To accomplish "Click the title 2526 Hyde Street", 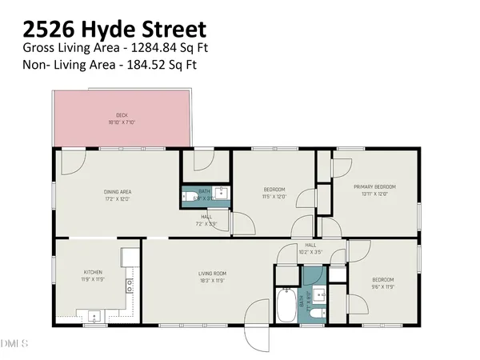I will click(x=114, y=30).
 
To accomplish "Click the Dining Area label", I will click(x=118, y=191).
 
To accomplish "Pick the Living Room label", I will click(x=213, y=273).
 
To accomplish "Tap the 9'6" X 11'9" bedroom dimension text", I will click(x=382, y=286).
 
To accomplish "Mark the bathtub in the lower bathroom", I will click(x=286, y=306).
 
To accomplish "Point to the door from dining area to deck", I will click(x=70, y=161).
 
